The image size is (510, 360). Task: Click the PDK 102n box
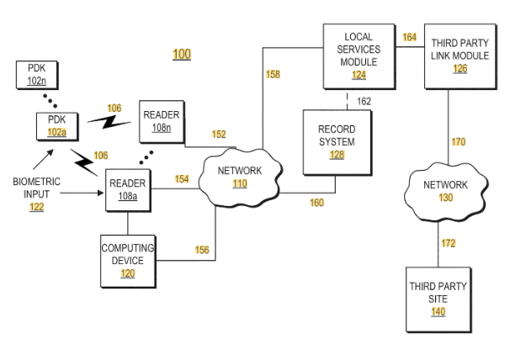37,75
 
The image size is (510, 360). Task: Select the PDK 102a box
57,126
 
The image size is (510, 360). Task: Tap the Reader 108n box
162,122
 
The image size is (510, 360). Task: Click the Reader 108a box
128,190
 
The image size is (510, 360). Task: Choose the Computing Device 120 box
128,261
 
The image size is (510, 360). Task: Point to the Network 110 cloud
240,177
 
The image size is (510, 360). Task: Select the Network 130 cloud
446,192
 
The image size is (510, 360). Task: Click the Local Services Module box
359,56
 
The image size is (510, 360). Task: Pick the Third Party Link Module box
460,56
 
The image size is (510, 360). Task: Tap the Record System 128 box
337,142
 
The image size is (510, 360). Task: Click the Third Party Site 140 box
438,299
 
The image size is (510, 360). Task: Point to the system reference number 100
182,54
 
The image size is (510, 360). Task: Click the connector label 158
273,75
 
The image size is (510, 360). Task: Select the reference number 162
364,102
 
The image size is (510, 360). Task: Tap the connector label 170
459,142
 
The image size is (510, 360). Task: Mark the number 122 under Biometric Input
37,207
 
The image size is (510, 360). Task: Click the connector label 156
202,250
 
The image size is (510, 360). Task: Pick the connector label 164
410,37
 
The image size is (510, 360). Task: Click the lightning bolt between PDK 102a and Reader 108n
109,122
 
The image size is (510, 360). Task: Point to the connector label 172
449,243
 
